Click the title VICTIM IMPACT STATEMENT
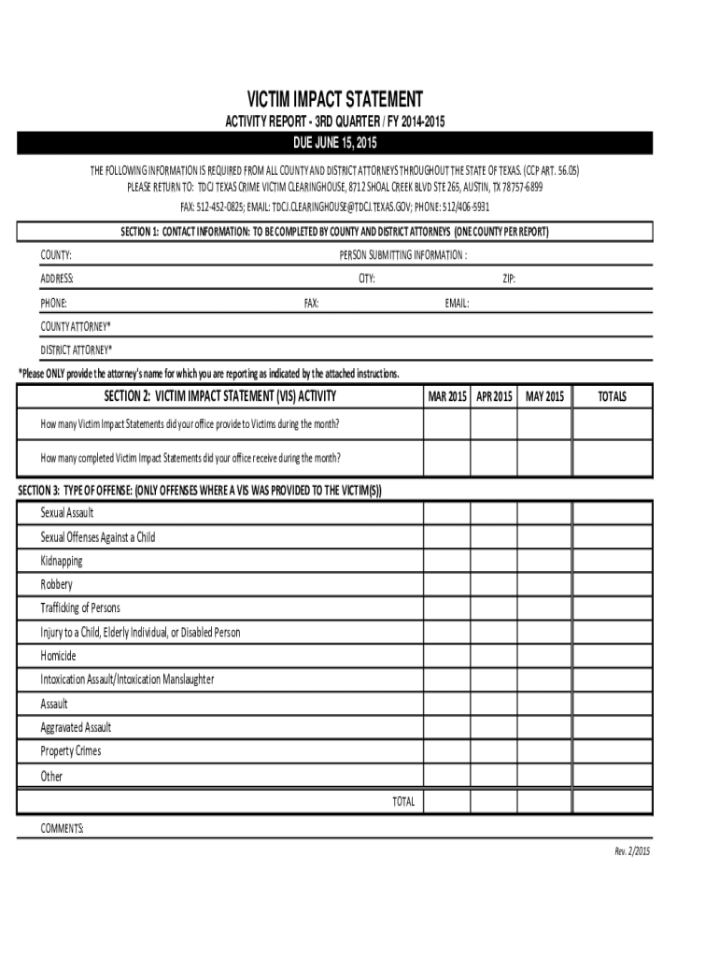coord(334,99)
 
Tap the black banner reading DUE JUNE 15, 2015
coord(334,143)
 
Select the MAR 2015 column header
coord(446,397)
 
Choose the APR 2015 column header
coord(494,397)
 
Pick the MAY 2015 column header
coord(545,397)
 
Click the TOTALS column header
coord(612,397)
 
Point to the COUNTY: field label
coord(56,255)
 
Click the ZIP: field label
coord(509,279)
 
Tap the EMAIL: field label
coord(457,303)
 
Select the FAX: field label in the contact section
coord(312,303)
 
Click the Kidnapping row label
coord(62,561)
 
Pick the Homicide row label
coord(58,656)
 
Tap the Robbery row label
coord(56,585)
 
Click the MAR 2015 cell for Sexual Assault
coord(446,513)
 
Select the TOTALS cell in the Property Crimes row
coord(612,751)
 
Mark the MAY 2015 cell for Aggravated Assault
coord(545,728)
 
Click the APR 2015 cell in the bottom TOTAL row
coord(494,802)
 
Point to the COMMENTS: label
coord(63,828)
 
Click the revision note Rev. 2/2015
coord(631,850)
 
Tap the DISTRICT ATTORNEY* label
coord(76,350)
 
